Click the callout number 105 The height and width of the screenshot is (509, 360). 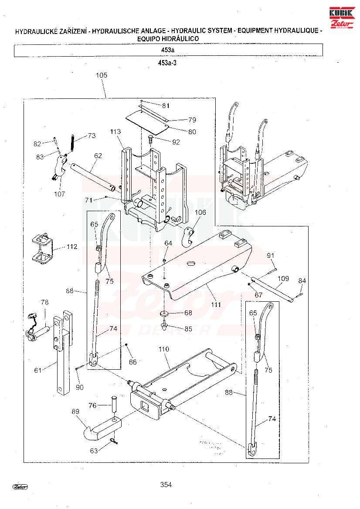pos(102,75)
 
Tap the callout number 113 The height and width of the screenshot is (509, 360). pos(115,131)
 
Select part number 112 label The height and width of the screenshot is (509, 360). pos(72,246)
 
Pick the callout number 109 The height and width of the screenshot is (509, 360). pos(283,278)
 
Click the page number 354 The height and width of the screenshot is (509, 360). pos(166,485)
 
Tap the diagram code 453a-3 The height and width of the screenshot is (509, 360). pos(167,63)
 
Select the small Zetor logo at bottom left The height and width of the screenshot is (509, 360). pos(20,486)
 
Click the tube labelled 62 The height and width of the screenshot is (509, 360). pos(92,176)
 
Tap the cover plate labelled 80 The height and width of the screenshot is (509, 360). pos(147,121)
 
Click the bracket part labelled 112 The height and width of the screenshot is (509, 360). pos(42,249)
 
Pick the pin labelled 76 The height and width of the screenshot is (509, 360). pos(115,405)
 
